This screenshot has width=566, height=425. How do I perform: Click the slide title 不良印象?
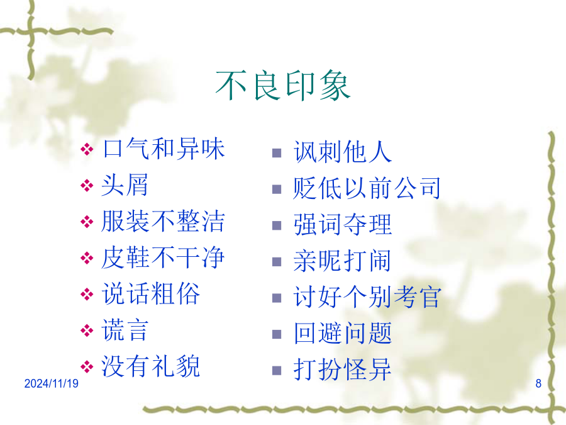tap(283, 86)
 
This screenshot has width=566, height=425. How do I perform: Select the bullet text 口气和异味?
tap(164, 149)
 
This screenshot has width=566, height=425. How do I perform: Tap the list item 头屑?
tap(125, 185)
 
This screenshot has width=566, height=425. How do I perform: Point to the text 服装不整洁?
tap(163, 221)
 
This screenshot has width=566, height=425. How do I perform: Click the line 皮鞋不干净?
tap(163, 258)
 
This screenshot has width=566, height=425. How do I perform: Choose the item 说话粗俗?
tap(151, 294)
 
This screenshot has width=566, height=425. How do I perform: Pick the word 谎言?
tap(125, 330)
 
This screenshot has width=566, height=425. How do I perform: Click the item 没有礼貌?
tap(151, 366)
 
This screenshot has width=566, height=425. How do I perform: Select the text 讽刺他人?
tap(343, 152)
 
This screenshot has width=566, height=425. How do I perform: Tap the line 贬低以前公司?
tap(367, 188)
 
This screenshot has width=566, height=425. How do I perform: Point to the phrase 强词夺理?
tap(343, 224)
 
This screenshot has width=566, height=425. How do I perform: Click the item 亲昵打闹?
tap(342, 261)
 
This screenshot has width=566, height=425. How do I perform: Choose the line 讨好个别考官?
tap(367, 297)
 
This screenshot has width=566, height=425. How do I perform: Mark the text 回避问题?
tap(343, 333)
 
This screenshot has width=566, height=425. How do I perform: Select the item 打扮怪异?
tap(343, 370)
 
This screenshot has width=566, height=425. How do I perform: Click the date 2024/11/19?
tap(52, 383)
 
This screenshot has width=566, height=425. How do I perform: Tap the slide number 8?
tap(538, 383)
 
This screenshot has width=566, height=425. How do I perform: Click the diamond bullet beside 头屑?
tap(87, 186)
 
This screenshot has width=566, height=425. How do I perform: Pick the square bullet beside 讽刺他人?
tap(277, 153)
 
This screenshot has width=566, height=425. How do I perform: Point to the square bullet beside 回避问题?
tap(277, 334)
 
